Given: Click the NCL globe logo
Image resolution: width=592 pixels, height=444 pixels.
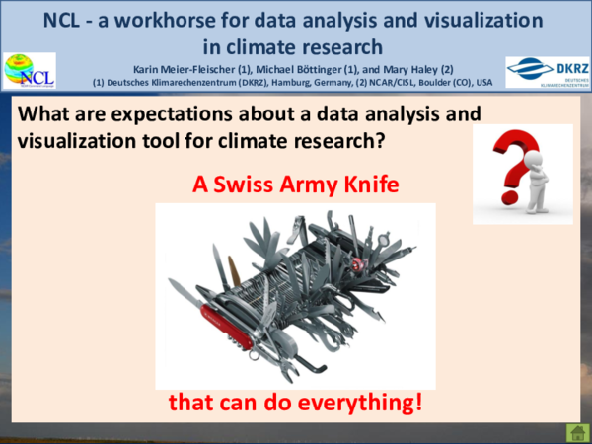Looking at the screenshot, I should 30,71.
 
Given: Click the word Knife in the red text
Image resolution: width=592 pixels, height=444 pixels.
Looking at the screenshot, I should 369,184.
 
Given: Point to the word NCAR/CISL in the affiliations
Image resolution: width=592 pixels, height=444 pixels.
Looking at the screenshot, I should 376,82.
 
